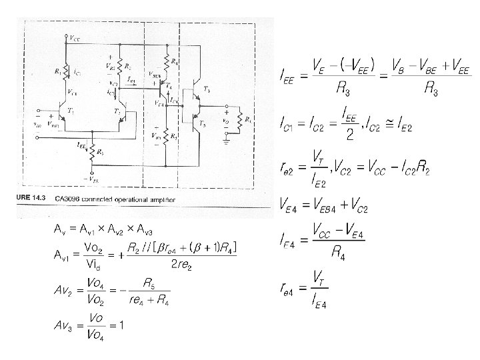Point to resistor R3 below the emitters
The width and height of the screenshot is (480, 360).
pyautogui.click(x=93, y=151)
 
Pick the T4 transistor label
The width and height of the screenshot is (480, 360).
pyautogui.click(x=167, y=86)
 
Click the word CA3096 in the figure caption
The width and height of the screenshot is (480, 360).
pyautogui.click(x=63, y=198)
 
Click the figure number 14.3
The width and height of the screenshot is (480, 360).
pyautogui.click(x=36, y=198)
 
